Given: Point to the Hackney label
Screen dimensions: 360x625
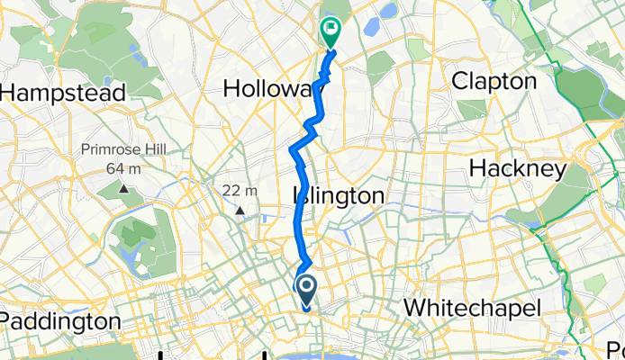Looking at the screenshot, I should pyautogui.click(x=517, y=168).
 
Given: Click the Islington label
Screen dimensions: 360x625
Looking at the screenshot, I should pyautogui.click(x=338, y=195).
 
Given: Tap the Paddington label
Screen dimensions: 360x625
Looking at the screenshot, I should pyautogui.click(x=59, y=321).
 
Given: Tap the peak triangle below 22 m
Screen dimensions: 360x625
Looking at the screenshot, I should pyautogui.click(x=240, y=211).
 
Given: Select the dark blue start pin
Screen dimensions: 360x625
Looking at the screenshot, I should pyautogui.click(x=306, y=290).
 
